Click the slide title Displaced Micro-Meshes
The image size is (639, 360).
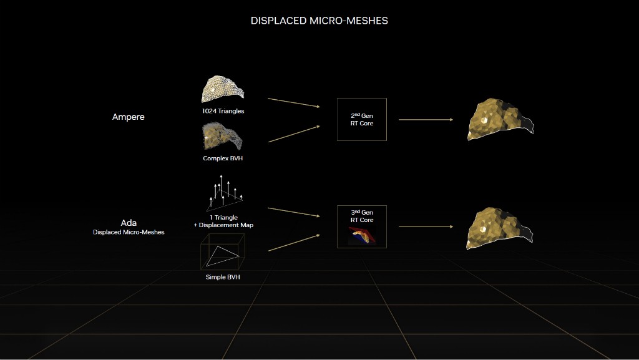pyautogui.click(x=319, y=21)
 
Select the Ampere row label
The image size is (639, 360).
pyautogui.click(x=128, y=117)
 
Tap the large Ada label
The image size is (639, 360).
pyautogui.click(x=128, y=222)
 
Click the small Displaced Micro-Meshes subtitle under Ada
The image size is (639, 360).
pyautogui.click(x=128, y=232)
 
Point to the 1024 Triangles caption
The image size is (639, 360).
pyautogui.click(x=223, y=111)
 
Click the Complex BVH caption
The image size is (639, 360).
pyautogui.click(x=223, y=158)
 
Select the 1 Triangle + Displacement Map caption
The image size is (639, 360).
pyautogui.click(x=223, y=221)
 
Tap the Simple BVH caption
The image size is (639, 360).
pyautogui.click(x=223, y=276)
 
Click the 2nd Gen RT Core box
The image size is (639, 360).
pyautogui.click(x=361, y=119)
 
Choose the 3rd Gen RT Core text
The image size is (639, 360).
pyautogui.click(x=362, y=216)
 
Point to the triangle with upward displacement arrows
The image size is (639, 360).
pyautogui.click(x=223, y=194)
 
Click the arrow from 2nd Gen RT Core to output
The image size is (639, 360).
pyautogui.click(x=425, y=119)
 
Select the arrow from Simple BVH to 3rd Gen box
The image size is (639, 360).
pyautogui.click(x=293, y=243)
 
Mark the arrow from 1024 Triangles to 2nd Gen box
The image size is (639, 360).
pyautogui.click(x=293, y=103)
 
